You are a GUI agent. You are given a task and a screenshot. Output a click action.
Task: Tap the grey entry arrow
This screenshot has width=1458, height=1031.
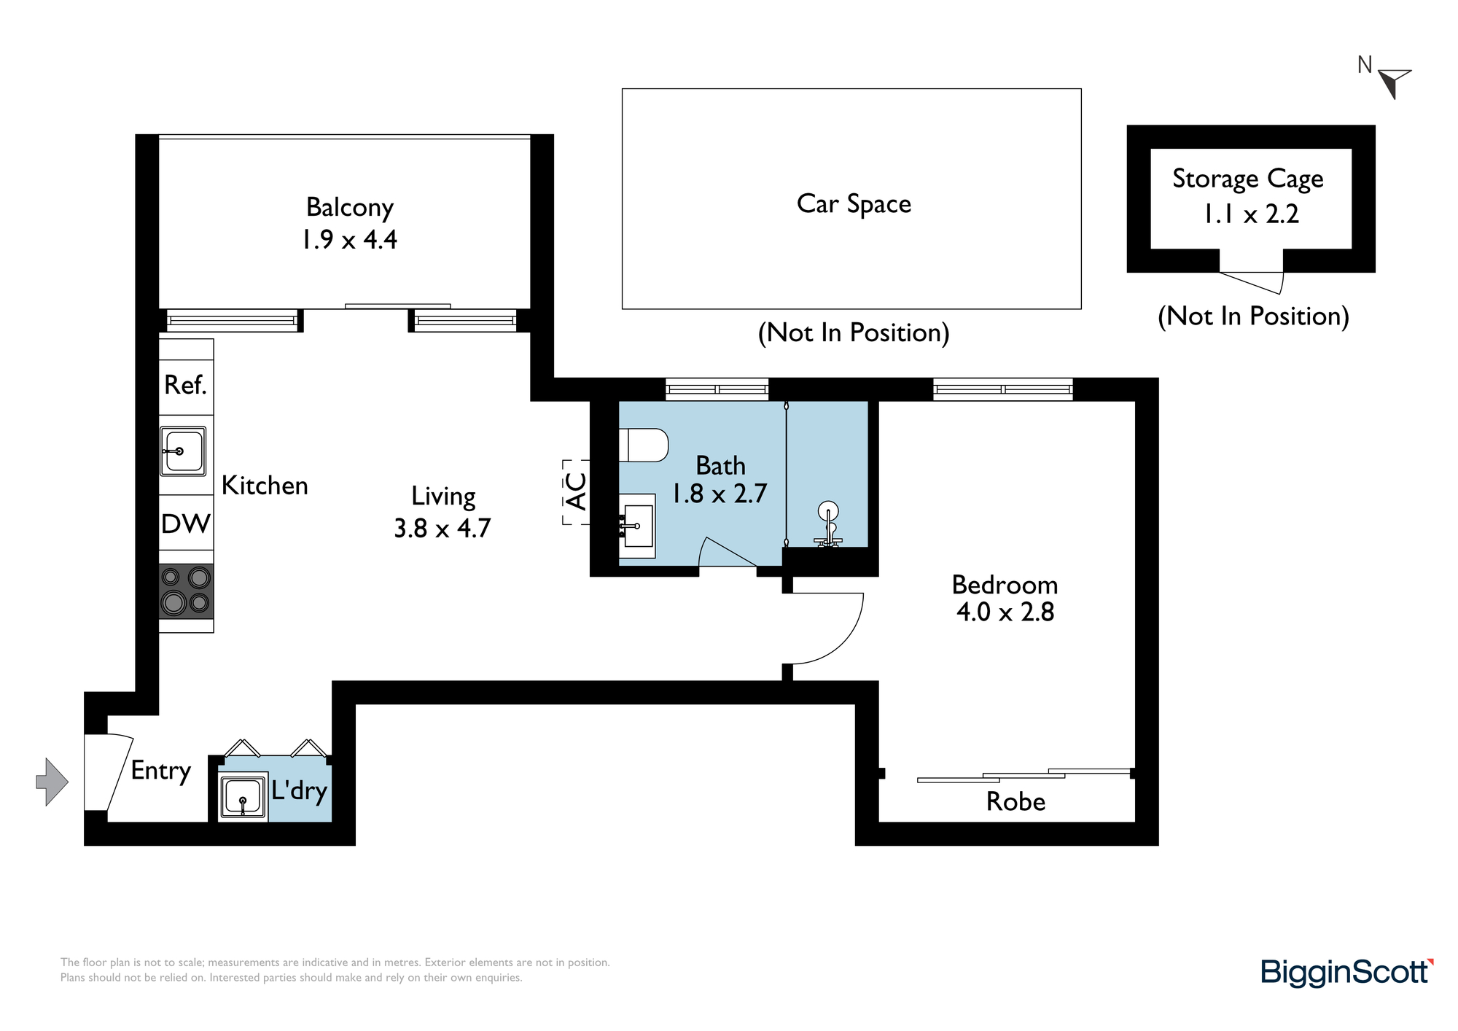(52, 782)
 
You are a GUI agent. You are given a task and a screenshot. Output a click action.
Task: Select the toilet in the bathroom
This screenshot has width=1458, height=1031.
(644, 445)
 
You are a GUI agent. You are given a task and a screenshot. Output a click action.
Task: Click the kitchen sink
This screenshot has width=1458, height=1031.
(183, 451)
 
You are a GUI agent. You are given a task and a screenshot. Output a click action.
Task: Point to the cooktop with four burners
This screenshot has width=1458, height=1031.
(187, 591)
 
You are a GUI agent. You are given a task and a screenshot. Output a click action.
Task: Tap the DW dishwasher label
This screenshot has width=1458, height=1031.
(186, 524)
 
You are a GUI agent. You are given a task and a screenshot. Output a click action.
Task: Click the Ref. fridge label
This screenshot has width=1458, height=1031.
(186, 385)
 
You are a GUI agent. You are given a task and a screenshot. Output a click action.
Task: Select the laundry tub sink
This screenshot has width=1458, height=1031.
(243, 797)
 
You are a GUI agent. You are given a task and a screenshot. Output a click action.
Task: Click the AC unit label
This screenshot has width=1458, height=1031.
(577, 491)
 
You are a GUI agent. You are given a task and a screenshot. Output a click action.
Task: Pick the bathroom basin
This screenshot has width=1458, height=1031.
(637, 526)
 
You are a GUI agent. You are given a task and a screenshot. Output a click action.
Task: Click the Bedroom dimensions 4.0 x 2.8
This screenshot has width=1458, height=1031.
(1005, 612)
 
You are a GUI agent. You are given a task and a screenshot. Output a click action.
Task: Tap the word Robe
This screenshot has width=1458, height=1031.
(1015, 801)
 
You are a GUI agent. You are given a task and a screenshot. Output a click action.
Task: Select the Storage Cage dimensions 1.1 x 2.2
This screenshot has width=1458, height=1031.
(1251, 214)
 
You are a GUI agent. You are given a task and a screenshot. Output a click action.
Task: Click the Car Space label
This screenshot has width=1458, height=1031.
(854, 204)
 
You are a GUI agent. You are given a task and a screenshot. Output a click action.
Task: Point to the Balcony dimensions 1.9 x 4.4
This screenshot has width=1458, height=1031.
(349, 239)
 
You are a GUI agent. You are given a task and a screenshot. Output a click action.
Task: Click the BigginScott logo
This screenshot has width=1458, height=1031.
(1347, 973)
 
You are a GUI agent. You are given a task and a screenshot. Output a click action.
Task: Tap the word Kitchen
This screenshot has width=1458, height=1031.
(265, 486)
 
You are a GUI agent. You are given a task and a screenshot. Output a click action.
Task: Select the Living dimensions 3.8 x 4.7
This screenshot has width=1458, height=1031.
(443, 528)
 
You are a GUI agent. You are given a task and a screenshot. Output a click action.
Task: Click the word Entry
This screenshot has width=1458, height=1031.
(161, 771)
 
